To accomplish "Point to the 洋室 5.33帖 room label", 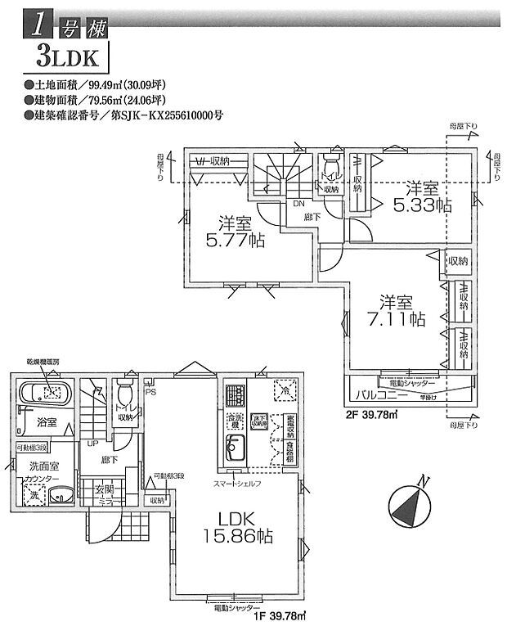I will coord(420,197).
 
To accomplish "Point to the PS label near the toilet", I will coord(150,390).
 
